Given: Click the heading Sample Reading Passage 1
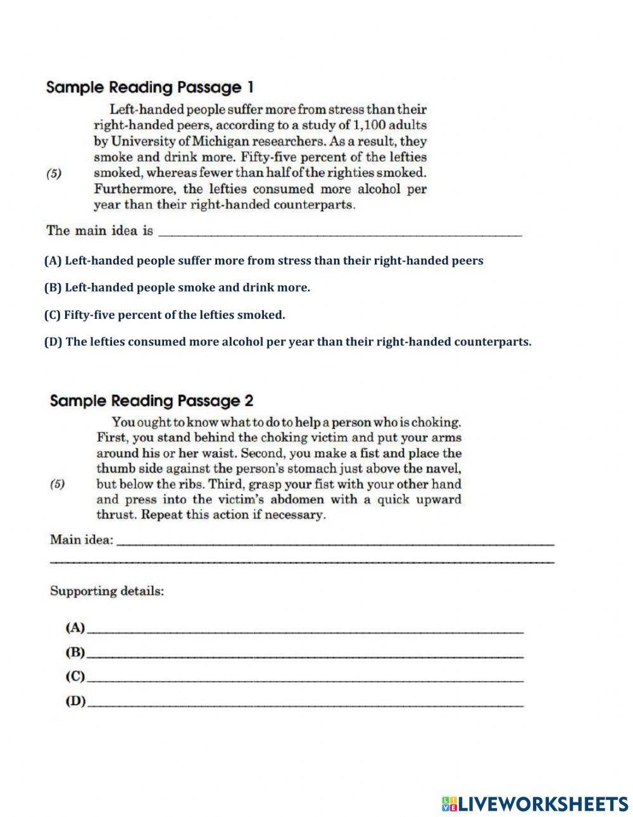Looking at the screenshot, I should coord(149,87).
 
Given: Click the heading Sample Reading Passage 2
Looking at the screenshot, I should coord(151,401).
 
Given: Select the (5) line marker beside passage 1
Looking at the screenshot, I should coord(54,173).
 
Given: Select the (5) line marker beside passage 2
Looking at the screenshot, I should coord(57,484).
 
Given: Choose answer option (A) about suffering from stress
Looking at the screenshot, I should coord(263,261).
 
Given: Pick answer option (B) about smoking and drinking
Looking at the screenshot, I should coord(177,288).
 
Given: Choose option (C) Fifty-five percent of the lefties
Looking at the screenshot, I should coord(165,315).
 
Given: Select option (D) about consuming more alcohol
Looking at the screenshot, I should coord(287,342).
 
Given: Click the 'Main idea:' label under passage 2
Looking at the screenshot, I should coord(82,540).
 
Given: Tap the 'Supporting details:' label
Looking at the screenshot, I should coord(107,591).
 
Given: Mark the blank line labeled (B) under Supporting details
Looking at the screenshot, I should coord(305,654).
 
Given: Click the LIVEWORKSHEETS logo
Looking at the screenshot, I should coord(535,804).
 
